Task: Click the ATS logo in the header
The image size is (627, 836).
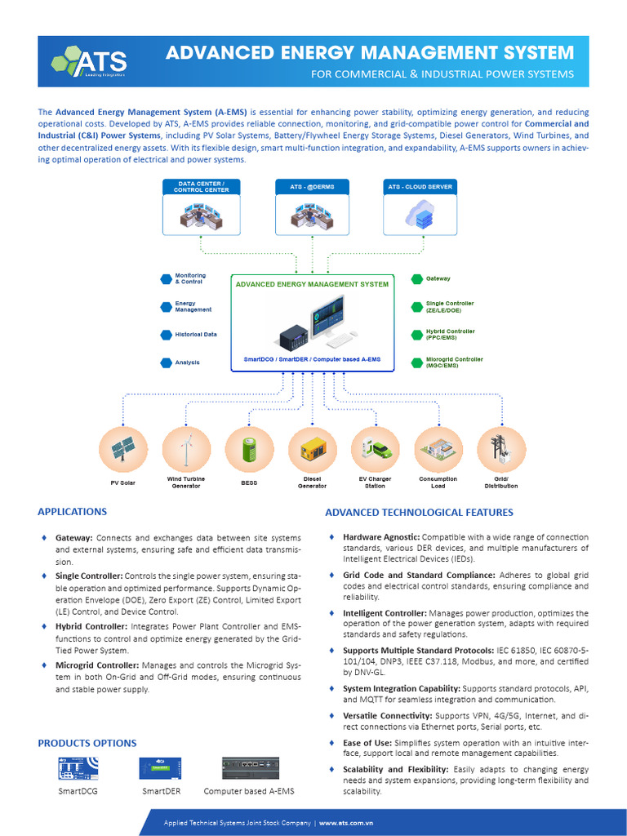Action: pyautogui.click(x=88, y=61)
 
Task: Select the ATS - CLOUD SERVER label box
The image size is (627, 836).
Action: pyautogui.click(x=420, y=186)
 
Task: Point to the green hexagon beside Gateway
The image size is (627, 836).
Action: pyautogui.click(x=416, y=278)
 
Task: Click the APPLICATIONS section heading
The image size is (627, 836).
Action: pyautogui.click(x=72, y=512)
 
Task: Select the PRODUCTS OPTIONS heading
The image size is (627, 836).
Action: pyautogui.click(x=87, y=743)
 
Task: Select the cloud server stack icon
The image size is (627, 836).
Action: pyautogui.click(x=420, y=214)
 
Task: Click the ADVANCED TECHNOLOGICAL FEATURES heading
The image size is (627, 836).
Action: pyautogui.click(x=419, y=513)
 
